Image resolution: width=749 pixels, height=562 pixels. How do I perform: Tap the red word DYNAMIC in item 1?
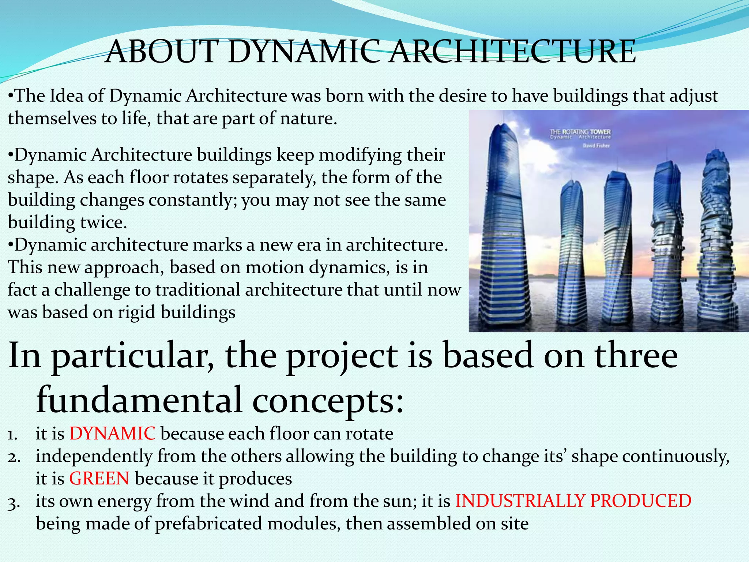click(x=112, y=434)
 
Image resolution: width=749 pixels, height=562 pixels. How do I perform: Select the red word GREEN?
click(x=99, y=479)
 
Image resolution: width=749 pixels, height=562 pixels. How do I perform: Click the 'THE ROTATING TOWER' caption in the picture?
click(x=580, y=132)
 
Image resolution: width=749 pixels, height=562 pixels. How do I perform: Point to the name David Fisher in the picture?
click(x=596, y=146)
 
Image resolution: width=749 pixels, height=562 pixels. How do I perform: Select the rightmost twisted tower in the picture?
click(x=716, y=234)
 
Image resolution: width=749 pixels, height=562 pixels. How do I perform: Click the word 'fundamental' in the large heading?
click(x=139, y=400)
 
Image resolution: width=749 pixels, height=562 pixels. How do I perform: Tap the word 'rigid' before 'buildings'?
click(x=137, y=312)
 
